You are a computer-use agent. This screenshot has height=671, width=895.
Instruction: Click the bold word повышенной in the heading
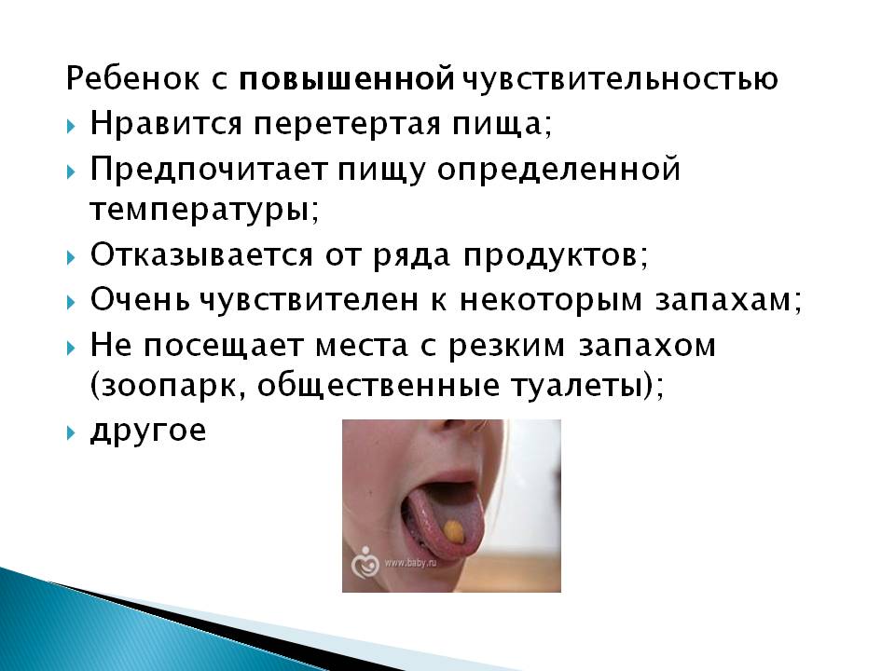[347, 78]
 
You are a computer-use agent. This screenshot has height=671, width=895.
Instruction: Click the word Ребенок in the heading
[133, 78]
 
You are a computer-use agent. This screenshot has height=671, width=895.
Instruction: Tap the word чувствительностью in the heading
[619, 78]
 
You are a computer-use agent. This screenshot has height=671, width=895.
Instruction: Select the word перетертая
[347, 125]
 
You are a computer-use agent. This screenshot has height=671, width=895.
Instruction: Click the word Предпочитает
[209, 170]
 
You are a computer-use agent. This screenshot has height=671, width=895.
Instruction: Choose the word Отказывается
[201, 254]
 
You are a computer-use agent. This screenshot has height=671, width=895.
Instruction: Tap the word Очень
[140, 299]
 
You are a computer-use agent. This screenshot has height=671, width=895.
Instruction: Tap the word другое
[148, 431]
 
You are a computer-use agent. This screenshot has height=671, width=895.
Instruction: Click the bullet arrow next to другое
[71, 432]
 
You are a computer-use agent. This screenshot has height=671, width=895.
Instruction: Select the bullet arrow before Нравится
[71, 126]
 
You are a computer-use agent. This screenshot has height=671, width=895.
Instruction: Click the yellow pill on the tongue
[454, 531]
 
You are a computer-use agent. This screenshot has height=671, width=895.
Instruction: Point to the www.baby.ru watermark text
[410, 563]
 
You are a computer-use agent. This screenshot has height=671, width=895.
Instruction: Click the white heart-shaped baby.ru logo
[365, 563]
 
